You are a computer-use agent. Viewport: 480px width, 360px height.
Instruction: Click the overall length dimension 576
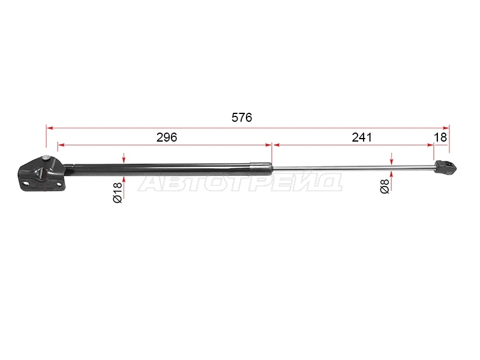pos(242,118)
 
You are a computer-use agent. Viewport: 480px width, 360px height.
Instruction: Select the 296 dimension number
pos(167,137)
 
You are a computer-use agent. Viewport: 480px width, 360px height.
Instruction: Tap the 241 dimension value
pos(362,137)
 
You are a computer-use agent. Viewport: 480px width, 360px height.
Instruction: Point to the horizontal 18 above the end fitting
pos(440,137)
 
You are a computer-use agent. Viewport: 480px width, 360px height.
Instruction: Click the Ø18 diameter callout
pos(118,193)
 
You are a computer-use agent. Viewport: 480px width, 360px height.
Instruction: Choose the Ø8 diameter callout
pos(385,187)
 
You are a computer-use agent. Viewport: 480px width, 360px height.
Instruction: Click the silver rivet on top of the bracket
pos(46,157)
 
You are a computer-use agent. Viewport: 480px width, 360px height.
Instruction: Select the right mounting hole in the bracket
pos(58,184)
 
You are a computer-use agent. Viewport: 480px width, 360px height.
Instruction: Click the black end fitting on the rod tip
pos(445,167)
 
